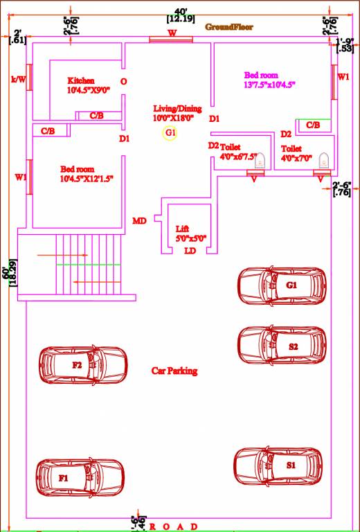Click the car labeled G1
tap(282, 284)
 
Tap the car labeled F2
tap(83, 364)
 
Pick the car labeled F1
tap(81, 477)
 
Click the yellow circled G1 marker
tap(170, 132)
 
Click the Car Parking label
tap(174, 371)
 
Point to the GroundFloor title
tap(229, 26)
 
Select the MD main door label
tap(139, 221)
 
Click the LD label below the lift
tap(190, 251)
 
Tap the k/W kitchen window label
tap(18, 79)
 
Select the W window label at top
tap(172, 33)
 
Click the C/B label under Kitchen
tap(97, 116)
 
